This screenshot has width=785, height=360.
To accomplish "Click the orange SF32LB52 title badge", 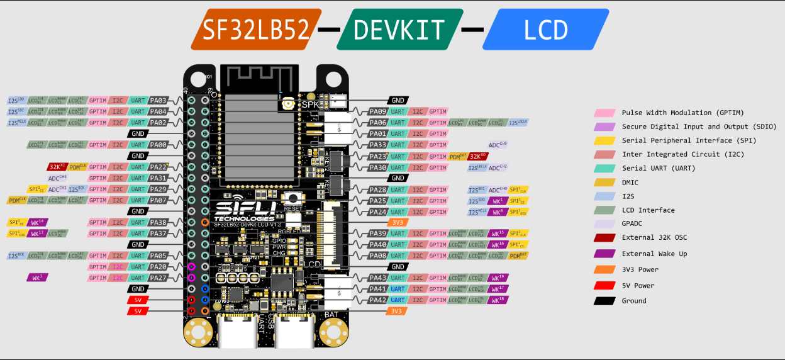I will pyautogui.click(x=254, y=30).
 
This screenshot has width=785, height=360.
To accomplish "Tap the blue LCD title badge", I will pyautogui.click(x=546, y=30).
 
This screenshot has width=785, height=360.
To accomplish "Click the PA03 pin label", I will pyautogui.click(x=159, y=100).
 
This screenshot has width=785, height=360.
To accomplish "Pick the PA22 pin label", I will pyautogui.click(x=159, y=167).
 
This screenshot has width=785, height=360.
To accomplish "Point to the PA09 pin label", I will pyautogui.click(x=378, y=111).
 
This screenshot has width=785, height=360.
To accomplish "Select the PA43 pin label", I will pyautogui.click(x=378, y=278).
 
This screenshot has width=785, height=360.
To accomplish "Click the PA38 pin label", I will pyautogui.click(x=159, y=222).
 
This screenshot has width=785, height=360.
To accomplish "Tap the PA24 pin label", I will pyautogui.click(x=378, y=211).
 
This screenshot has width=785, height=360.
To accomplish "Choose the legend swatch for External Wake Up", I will pyautogui.click(x=604, y=254).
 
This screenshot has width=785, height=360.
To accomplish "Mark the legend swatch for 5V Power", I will pyautogui.click(x=604, y=285).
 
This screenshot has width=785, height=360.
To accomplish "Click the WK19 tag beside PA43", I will pyautogui.click(x=498, y=278).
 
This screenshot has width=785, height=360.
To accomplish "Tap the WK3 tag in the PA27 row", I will pyautogui.click(x=37, y=278).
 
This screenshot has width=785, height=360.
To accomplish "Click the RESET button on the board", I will pyautogui.click(x=293, y=198).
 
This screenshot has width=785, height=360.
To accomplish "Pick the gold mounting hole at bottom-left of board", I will pyautogui.click(x=196, y=331).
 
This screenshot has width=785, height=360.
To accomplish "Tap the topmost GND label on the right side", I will pyautogui.click(x=398, y=100).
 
